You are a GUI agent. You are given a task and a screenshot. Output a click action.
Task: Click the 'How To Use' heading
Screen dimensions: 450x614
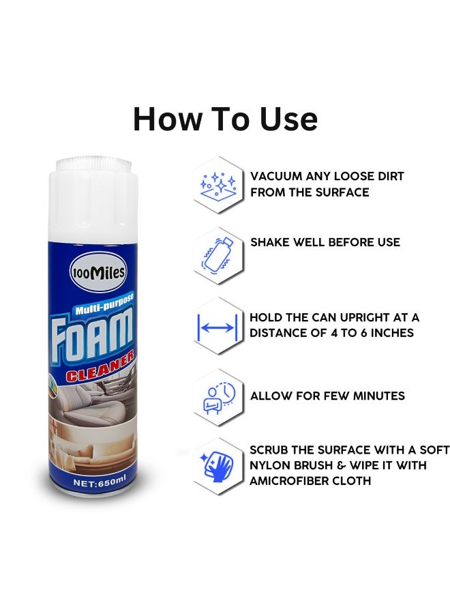click(225, 119)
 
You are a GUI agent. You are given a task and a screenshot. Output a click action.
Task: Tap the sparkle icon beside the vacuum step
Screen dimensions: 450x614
click(218, 185)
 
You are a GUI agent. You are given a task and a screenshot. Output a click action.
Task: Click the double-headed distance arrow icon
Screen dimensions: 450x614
click(217, 327)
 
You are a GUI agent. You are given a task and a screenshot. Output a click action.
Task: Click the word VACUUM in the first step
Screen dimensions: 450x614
click(276, 176)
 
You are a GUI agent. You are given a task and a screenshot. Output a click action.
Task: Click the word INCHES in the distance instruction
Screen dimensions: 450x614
click(392, 333)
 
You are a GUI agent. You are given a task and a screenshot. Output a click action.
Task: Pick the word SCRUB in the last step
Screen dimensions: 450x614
click(269, 450)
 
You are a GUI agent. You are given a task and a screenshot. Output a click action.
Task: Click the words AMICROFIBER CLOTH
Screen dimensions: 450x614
click(310, 480)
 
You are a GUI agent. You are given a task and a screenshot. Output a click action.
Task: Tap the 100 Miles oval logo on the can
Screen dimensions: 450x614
click(97, 272)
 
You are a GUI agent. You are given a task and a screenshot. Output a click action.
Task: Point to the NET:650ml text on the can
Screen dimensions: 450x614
click(100, 482)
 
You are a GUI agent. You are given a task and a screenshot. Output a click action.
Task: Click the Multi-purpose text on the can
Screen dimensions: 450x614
click(104, 304)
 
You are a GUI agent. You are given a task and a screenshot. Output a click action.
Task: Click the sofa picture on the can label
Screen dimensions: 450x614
click(90, 450)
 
